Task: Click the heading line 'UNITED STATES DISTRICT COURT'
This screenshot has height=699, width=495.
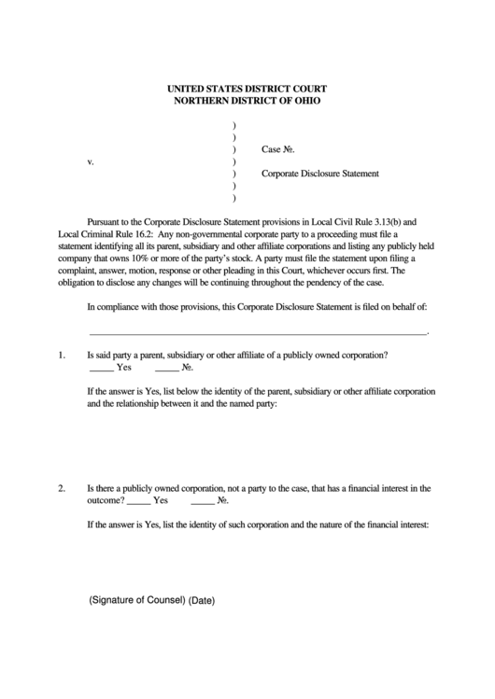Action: click(247, 87)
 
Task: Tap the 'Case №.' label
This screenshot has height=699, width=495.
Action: click(279, 149)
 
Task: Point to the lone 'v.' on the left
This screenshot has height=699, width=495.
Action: click(91, 161)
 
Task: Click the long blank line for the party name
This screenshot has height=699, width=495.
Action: click(257, 331)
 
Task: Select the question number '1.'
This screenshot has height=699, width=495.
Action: click(62, 355)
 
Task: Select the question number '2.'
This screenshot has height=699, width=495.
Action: click(62, 487)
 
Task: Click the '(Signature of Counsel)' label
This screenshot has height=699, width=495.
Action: click(137, 599)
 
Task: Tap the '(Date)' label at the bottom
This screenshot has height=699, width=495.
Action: click(202, 600)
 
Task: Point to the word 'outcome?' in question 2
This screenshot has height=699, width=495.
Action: click(105, 500)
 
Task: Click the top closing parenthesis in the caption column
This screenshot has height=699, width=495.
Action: click(233, 125)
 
